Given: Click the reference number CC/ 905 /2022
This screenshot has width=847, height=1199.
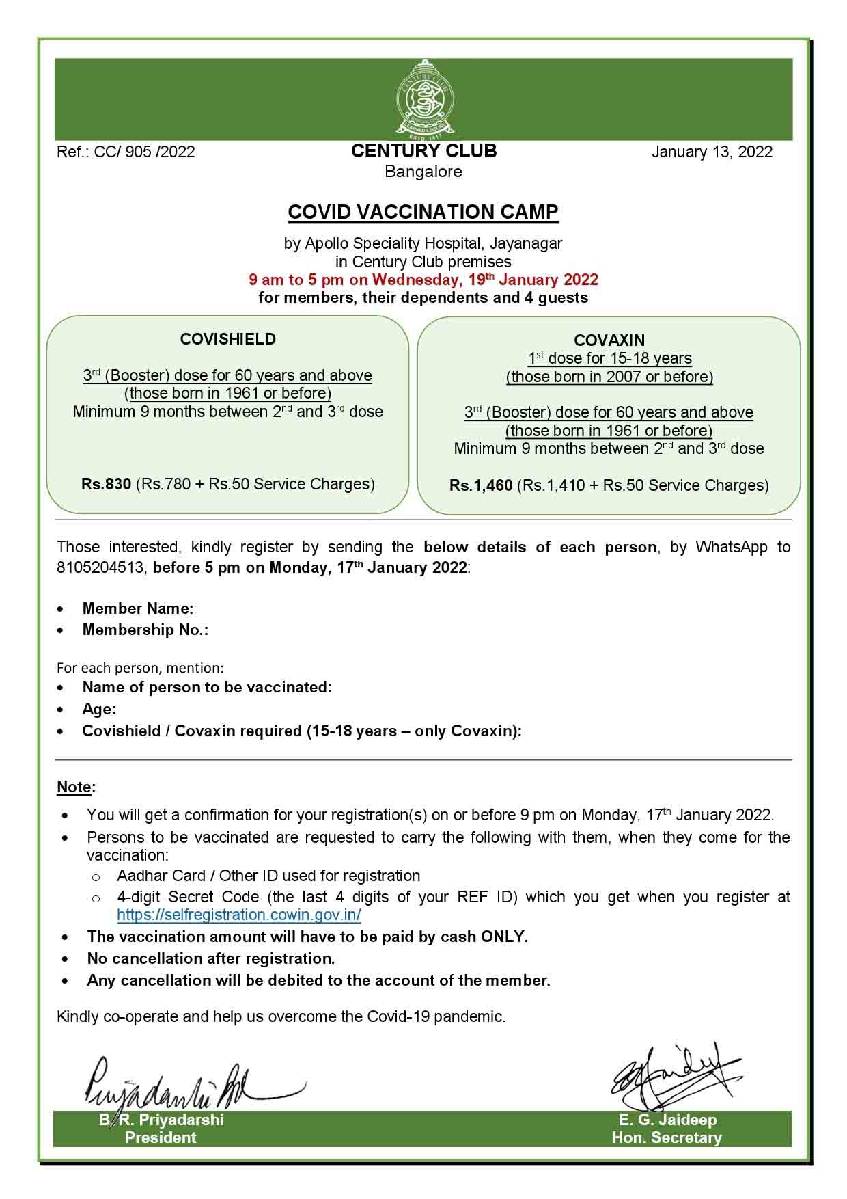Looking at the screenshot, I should pos(126,152).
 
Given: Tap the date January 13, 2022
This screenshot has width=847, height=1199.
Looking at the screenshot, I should pos(712,152).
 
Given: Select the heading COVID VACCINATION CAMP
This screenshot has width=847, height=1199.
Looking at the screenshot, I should pos(423,212).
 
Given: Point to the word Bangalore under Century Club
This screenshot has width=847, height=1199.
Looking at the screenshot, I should pos(423,172).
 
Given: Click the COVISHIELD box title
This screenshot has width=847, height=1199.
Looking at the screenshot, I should pos(228,339).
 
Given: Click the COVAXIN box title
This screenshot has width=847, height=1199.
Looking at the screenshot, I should pos(609,340).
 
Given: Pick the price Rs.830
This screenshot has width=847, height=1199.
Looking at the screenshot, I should pos(106,484).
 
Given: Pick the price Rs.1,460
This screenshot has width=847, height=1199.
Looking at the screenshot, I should pos(481,485).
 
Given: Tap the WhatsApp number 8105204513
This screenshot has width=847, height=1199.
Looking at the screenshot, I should pos(100,567).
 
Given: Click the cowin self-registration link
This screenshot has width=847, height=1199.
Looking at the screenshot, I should pos(239,915).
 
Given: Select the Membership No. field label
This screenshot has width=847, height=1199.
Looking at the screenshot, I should pos(145,630).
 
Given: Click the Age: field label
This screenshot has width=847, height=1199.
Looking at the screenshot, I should pos(99,709).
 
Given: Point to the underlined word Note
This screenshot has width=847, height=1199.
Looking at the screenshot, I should pos(74,787).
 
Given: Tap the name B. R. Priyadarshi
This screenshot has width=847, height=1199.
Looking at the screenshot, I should pos(161,1120).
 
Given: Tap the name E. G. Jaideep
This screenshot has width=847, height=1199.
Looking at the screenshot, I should pos(667,1120).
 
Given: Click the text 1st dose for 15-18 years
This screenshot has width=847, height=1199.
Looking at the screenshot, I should pos(609,358).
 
